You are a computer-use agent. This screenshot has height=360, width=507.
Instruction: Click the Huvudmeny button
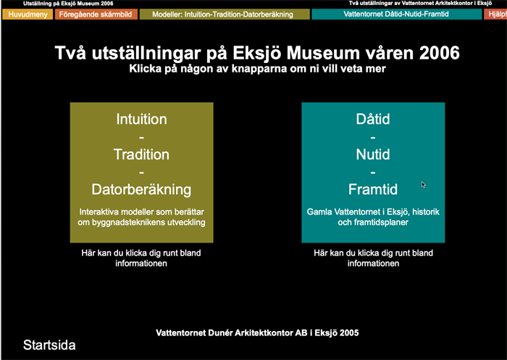(27, 14)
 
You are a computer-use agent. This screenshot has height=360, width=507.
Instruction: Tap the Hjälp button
(496, 14)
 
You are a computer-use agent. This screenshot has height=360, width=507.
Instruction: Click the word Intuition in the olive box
(141, 120)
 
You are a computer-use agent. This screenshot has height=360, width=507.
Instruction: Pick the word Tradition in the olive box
(141, 154)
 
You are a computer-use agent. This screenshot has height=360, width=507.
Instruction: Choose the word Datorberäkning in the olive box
(141, 190)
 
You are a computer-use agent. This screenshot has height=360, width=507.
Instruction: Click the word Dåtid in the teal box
(373, 120)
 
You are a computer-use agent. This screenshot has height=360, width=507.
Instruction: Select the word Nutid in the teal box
(373, 154)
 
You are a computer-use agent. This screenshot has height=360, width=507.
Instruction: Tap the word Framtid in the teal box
(373, 190)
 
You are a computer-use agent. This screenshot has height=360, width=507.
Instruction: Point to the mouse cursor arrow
(424, 185)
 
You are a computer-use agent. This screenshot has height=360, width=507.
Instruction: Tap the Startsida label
(49, 345)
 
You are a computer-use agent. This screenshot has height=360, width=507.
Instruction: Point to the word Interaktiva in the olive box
(102, 212)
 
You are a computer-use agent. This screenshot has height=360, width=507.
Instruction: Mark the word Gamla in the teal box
(321, 212)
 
